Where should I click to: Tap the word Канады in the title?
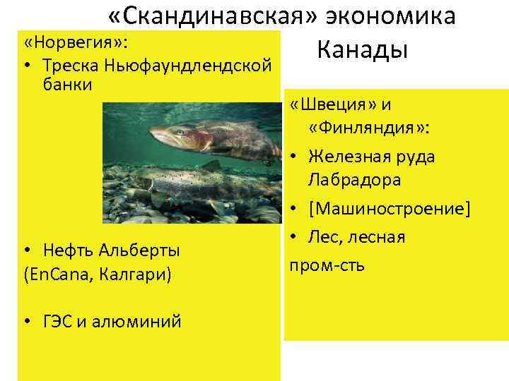(363, 49)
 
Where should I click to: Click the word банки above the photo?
(66, 85)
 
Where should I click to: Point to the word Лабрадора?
(355, 180)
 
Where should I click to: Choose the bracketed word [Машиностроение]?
(390, 210)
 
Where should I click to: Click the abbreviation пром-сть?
(327, 266)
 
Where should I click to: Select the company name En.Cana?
(55, 274)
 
